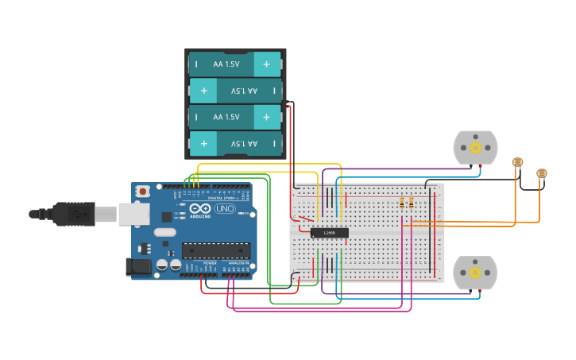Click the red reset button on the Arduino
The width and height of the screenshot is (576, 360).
point(143,191)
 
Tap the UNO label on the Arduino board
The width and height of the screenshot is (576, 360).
point(225,209)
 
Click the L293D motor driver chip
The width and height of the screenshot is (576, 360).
point(329,233)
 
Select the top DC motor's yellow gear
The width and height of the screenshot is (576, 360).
point(475,147)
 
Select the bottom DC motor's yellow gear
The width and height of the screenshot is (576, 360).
point(475,273)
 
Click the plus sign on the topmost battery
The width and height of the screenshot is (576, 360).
point(266,64)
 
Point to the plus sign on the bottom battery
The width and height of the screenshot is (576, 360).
point(204,144)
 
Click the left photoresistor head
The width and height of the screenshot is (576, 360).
point(518,162)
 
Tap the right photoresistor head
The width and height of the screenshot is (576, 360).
point(542,172)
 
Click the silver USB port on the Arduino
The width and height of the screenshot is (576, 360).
point(134,213)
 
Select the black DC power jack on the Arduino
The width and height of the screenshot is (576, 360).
point(138,268)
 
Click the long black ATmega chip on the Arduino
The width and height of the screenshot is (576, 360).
point(216,250)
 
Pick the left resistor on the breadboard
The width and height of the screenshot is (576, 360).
point(403,202)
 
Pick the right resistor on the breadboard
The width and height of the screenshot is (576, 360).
point(411,202)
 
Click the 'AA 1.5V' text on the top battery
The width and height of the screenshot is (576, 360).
point(226,64)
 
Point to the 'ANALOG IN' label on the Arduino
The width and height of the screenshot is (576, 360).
point(238,263)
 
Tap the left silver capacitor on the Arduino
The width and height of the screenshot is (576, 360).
point(162,265)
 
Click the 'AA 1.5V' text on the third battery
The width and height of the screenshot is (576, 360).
point(226,117)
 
